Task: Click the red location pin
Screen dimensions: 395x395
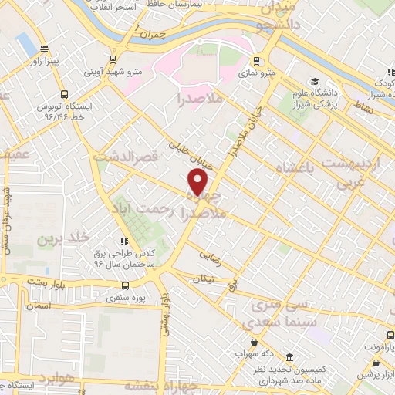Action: pos(198,183)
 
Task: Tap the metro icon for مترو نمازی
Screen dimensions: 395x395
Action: pos(257,61)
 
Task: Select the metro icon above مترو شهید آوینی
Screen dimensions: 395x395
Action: pos(113,59)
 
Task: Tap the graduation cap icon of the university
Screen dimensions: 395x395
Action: pos(314,82)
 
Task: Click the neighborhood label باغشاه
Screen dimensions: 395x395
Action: pos(289,167)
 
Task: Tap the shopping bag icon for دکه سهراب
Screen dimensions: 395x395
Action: pos(253,343)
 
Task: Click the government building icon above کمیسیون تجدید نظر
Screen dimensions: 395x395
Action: pos(289,358)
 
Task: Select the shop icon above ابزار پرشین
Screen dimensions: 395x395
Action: pos(362,375)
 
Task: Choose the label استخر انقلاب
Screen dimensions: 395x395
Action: pos(112,6)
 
